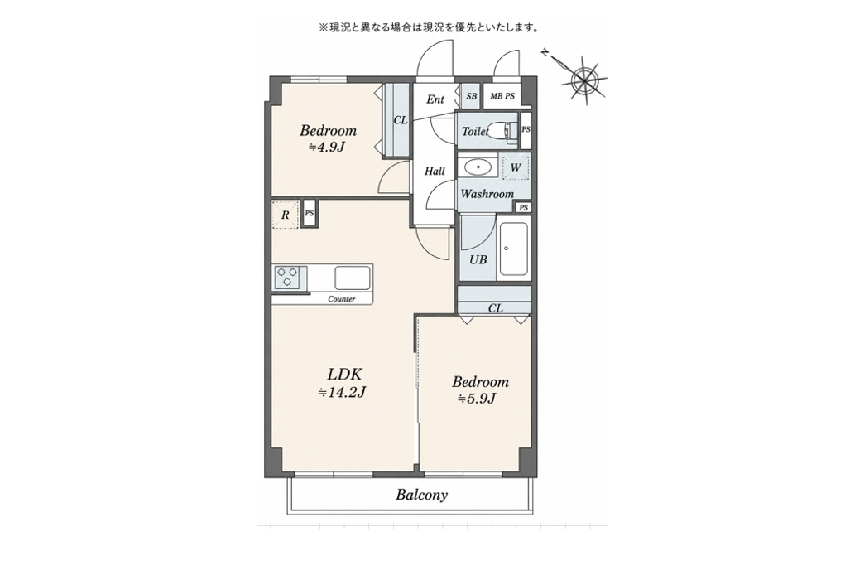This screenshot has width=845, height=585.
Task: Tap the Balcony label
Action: click(421, 495)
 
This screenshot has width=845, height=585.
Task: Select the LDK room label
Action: click(345, 374)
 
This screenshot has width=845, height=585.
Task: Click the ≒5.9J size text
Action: click(477, 399)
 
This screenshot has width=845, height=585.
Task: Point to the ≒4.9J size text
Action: click(327, 147)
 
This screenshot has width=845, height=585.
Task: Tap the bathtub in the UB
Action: click(512, 249)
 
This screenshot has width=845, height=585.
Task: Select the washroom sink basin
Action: click(478, 167)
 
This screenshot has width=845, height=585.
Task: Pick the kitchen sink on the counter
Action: click(353, 278)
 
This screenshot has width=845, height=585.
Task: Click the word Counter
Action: click(342, 299)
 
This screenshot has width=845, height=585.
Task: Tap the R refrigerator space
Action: click(285, 215)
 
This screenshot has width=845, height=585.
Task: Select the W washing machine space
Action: click(516, 167)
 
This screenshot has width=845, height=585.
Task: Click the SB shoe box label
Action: click(472, 97)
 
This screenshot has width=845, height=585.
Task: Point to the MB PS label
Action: click(502, 97)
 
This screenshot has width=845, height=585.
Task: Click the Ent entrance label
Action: click(435, 99)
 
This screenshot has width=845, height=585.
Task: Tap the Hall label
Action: click(435, 171)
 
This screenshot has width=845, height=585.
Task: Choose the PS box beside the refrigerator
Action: click(310, 213)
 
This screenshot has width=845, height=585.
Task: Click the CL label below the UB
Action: click(496, 308)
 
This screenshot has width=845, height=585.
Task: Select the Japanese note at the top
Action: click(429, 27)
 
